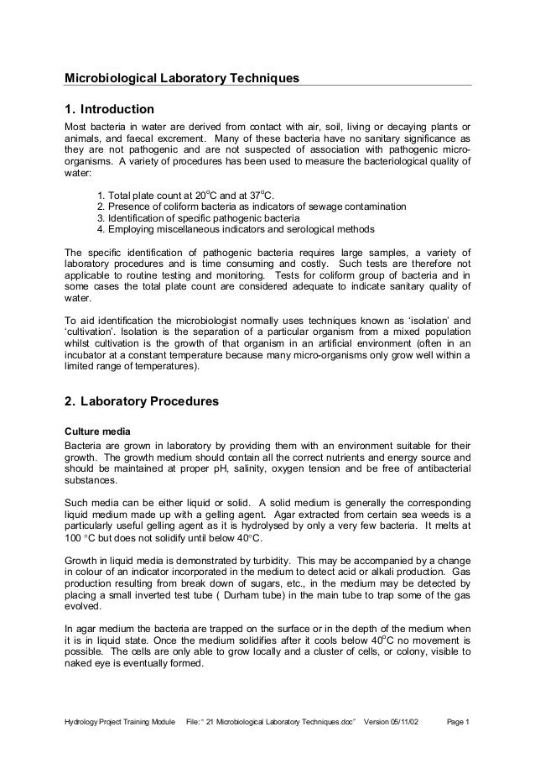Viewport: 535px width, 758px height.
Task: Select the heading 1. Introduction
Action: coord(110,110)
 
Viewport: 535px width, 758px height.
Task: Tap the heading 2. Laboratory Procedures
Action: coord(142,402)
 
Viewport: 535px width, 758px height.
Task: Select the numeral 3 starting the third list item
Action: coord(101,218)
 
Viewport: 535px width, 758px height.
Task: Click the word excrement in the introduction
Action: coord(182,138)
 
